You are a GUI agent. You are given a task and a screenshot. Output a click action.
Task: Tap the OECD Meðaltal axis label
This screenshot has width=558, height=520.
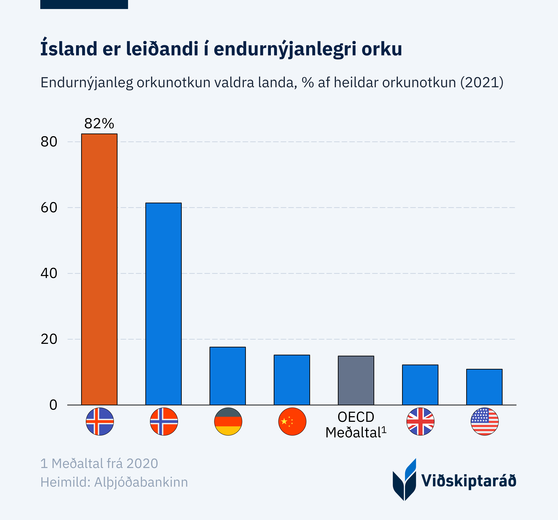click(x=356, y=425)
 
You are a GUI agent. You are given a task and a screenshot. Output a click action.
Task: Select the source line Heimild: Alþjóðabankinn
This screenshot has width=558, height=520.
click(x=114, y=482)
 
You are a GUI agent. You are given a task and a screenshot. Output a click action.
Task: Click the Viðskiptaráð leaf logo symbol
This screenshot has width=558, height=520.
click(x=404, y=480)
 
